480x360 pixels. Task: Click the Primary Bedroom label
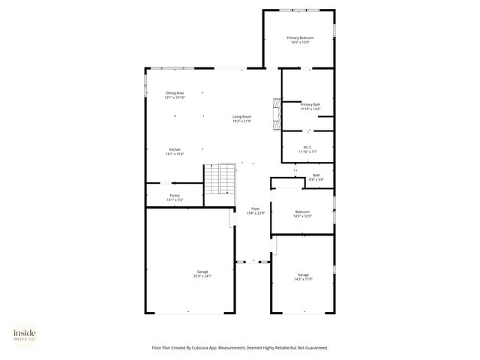[300, 37]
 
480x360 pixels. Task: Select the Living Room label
[241, 116]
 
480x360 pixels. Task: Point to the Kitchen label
[175, 149]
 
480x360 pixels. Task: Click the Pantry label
[175, 196]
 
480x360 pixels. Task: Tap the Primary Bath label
[310, 104]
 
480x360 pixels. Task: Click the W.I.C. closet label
[308, 147]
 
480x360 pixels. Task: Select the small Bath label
[316, 175]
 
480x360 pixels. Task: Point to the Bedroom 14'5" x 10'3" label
[303, 212]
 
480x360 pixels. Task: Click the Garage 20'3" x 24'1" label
[202, 271]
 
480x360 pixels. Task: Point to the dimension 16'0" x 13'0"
[300, 42]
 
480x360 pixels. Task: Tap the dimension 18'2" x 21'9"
[241, 121]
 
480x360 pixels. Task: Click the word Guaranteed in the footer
[315, 348]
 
